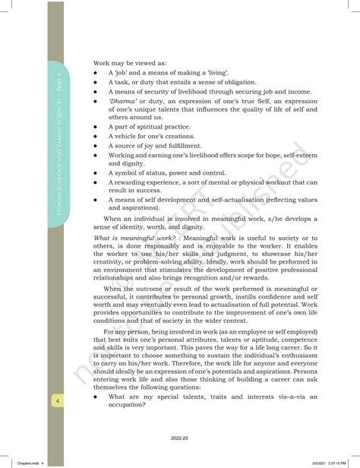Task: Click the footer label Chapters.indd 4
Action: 23,462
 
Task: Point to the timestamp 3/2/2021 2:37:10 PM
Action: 332,462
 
